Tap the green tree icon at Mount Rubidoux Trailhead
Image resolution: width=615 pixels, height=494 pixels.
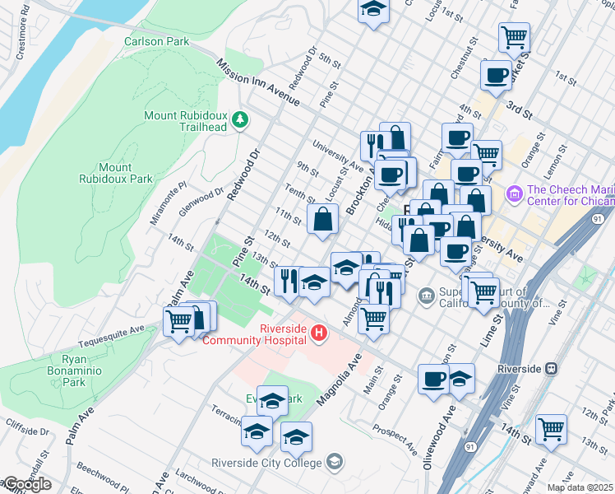click(x=240, y=120)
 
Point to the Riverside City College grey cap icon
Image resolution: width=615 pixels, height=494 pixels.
click(x=335, y=461)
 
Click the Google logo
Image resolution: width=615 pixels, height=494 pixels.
click(x=27, y=484)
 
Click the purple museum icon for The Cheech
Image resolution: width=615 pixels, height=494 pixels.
click(x=516, y=194)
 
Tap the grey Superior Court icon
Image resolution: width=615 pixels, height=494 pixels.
click(x=426, y=295)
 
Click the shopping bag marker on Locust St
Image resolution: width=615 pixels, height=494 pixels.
click(x=323, y=219)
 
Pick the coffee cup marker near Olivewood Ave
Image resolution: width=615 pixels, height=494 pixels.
click(x=433, y=379)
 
